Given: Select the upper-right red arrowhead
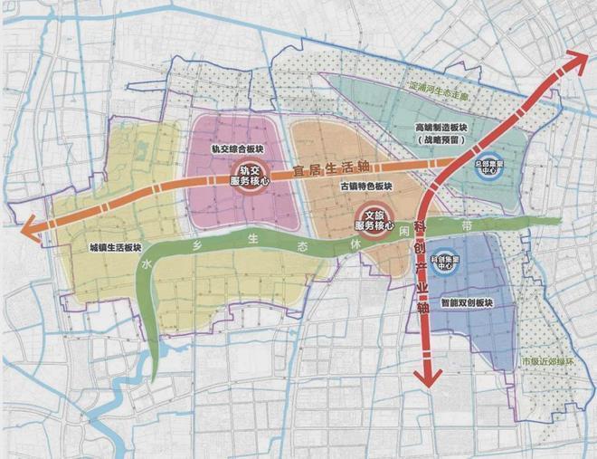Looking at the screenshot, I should pos(576,61).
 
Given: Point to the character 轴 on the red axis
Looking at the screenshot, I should pos(422,308).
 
